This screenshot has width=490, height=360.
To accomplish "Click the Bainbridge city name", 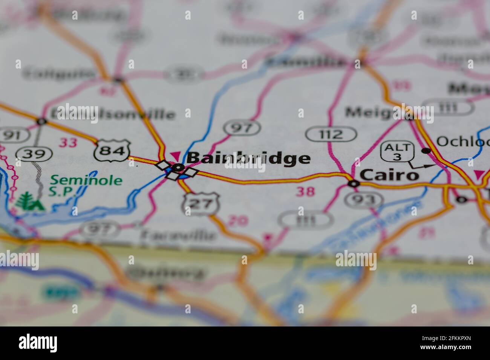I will coord(248,159).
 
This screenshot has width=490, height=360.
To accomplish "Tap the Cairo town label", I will coord(389,175).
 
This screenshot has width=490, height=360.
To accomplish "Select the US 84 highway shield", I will coord(112,151).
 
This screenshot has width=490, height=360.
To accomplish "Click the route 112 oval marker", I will coord(331,134).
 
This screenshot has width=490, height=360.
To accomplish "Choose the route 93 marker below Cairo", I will coord(364,200).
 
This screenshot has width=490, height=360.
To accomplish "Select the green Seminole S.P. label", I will coord(86,185).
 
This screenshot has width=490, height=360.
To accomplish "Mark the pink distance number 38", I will coord(305,192).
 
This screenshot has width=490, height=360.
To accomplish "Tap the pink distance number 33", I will coord(68,142).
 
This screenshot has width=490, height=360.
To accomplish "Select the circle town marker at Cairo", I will coord(354,184).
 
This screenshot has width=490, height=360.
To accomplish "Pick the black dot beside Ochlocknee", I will coord(426,151).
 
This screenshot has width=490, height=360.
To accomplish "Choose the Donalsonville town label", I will coord(113,114).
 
